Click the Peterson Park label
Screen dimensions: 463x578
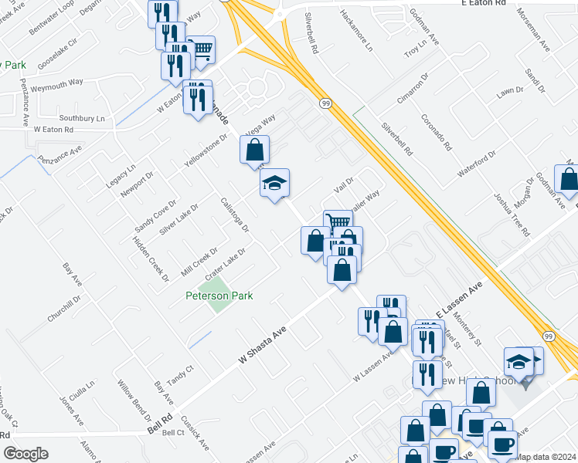[219, 296]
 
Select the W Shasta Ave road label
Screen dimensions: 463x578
[263, 344]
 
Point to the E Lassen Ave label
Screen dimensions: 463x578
[460, 297]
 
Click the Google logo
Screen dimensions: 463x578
[25, 454]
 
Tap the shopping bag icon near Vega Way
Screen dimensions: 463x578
[254, 150]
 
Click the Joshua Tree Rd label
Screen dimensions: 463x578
[512, 214]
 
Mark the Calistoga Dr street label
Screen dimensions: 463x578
[235, 215]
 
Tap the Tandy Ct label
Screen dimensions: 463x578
[179, 377]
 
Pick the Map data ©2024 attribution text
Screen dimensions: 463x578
[546, 457]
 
